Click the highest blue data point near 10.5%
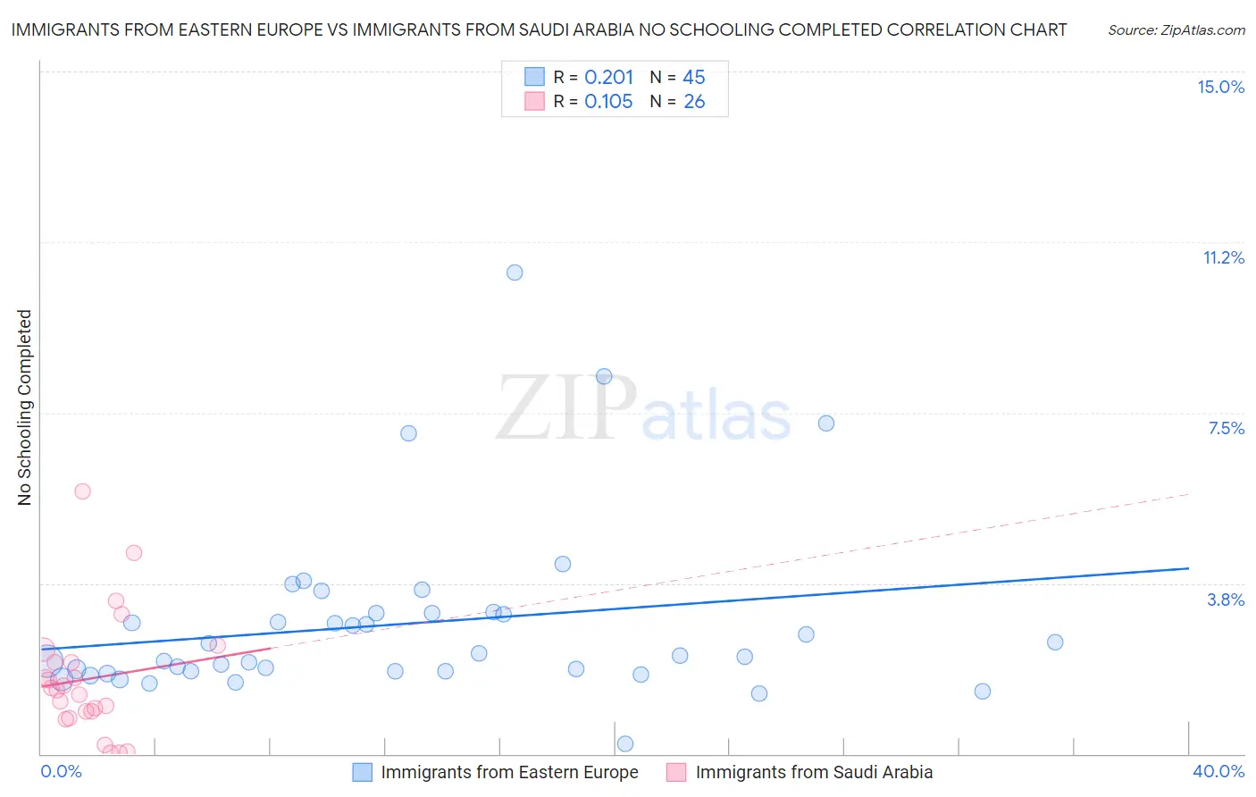point(515,273)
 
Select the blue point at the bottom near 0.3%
point(625,744)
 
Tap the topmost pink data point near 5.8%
point(83,491)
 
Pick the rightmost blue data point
point(1055,642)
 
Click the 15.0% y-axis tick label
point(1220,87)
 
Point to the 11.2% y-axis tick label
point(1223,258)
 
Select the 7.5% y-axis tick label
point(1226,429)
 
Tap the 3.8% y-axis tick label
point(1226,600)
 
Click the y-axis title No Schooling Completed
point(25,407)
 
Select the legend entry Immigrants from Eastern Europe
point(509,773)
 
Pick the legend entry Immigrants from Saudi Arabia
point(814,773)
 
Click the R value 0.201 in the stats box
point(608,78)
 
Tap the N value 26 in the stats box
point(694,102)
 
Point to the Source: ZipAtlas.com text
point(1176,30)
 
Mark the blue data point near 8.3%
point(604,377)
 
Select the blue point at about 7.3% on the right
point(826,424)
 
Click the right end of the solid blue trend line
point(1188,568)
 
